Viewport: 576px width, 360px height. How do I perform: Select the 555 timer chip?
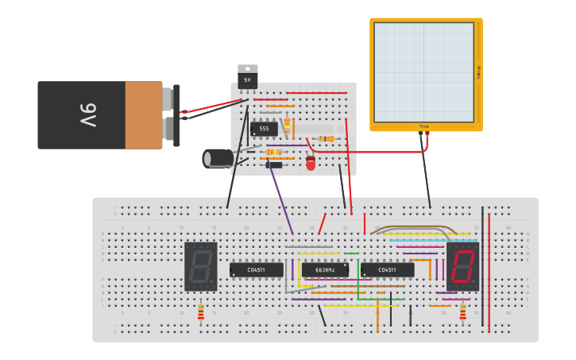click(264, 129)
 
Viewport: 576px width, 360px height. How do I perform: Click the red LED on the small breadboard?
click(311, 163)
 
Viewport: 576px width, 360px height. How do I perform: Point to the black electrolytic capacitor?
click(218, 158)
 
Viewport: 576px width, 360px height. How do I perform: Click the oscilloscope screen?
click(423, 72)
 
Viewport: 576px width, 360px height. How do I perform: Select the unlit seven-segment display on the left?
click(201, 266)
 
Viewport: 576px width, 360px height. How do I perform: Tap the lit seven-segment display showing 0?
click(462, 266)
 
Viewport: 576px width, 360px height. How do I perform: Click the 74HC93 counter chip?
click(325, 270)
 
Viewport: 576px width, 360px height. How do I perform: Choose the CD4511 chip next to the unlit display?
click(257, 270)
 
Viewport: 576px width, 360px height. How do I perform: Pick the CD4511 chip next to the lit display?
click(387, 270)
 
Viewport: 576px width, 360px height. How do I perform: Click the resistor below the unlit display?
click(201, 312)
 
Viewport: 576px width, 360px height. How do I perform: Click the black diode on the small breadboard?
click(273, 165)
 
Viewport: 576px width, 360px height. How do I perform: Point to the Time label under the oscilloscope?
click(424, 126)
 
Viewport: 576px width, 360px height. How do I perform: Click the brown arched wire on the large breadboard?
click(413, 227)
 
